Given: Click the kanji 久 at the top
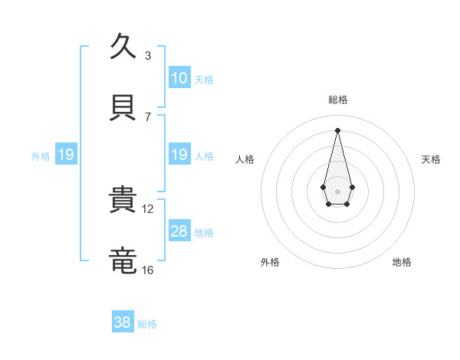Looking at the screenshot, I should [123, 46].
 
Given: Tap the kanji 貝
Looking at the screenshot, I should [123, 107].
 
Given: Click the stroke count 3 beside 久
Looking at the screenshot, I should [147, 55].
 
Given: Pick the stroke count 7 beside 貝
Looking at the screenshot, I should [147, 116].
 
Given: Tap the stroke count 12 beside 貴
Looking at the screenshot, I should [148, 208].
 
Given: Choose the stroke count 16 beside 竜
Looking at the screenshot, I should [148, 270].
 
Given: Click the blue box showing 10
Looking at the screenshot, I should [179, 78].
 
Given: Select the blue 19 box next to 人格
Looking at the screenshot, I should [179, 155].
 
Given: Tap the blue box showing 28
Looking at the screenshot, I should [179, 231].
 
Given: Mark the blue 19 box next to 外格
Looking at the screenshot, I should [66, 155].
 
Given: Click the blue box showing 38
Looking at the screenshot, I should [123, 322].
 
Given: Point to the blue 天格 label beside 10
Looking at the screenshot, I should [204, 79].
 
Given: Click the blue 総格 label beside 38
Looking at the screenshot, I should [147, 324].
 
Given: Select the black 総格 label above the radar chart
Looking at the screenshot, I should [337, 100].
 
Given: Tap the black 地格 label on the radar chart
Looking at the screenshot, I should [402, 262].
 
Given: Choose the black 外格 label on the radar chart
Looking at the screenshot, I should [270, 262].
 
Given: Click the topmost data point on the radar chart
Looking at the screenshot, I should [337, 129].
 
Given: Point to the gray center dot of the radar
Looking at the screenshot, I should [337, 190].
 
